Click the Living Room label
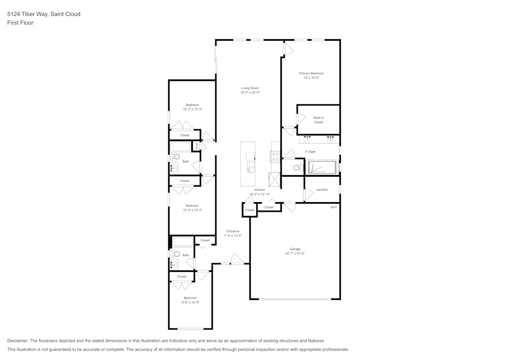click(250, 88)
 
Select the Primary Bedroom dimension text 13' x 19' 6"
click(311, 78)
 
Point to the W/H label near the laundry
click(333, 207)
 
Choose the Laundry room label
click(322, 189)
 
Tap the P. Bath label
click(310, 152)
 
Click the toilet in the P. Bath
click(297, 168)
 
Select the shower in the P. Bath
click(322, 168)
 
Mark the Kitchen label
click(260, 190)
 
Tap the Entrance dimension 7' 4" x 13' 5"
click(233, 236)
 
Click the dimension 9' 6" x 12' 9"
click(190, 302)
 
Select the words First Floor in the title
click(20, 23)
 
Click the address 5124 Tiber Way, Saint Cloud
click(44, 14)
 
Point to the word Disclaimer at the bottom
click(18, 341)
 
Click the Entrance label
click(233, 231)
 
